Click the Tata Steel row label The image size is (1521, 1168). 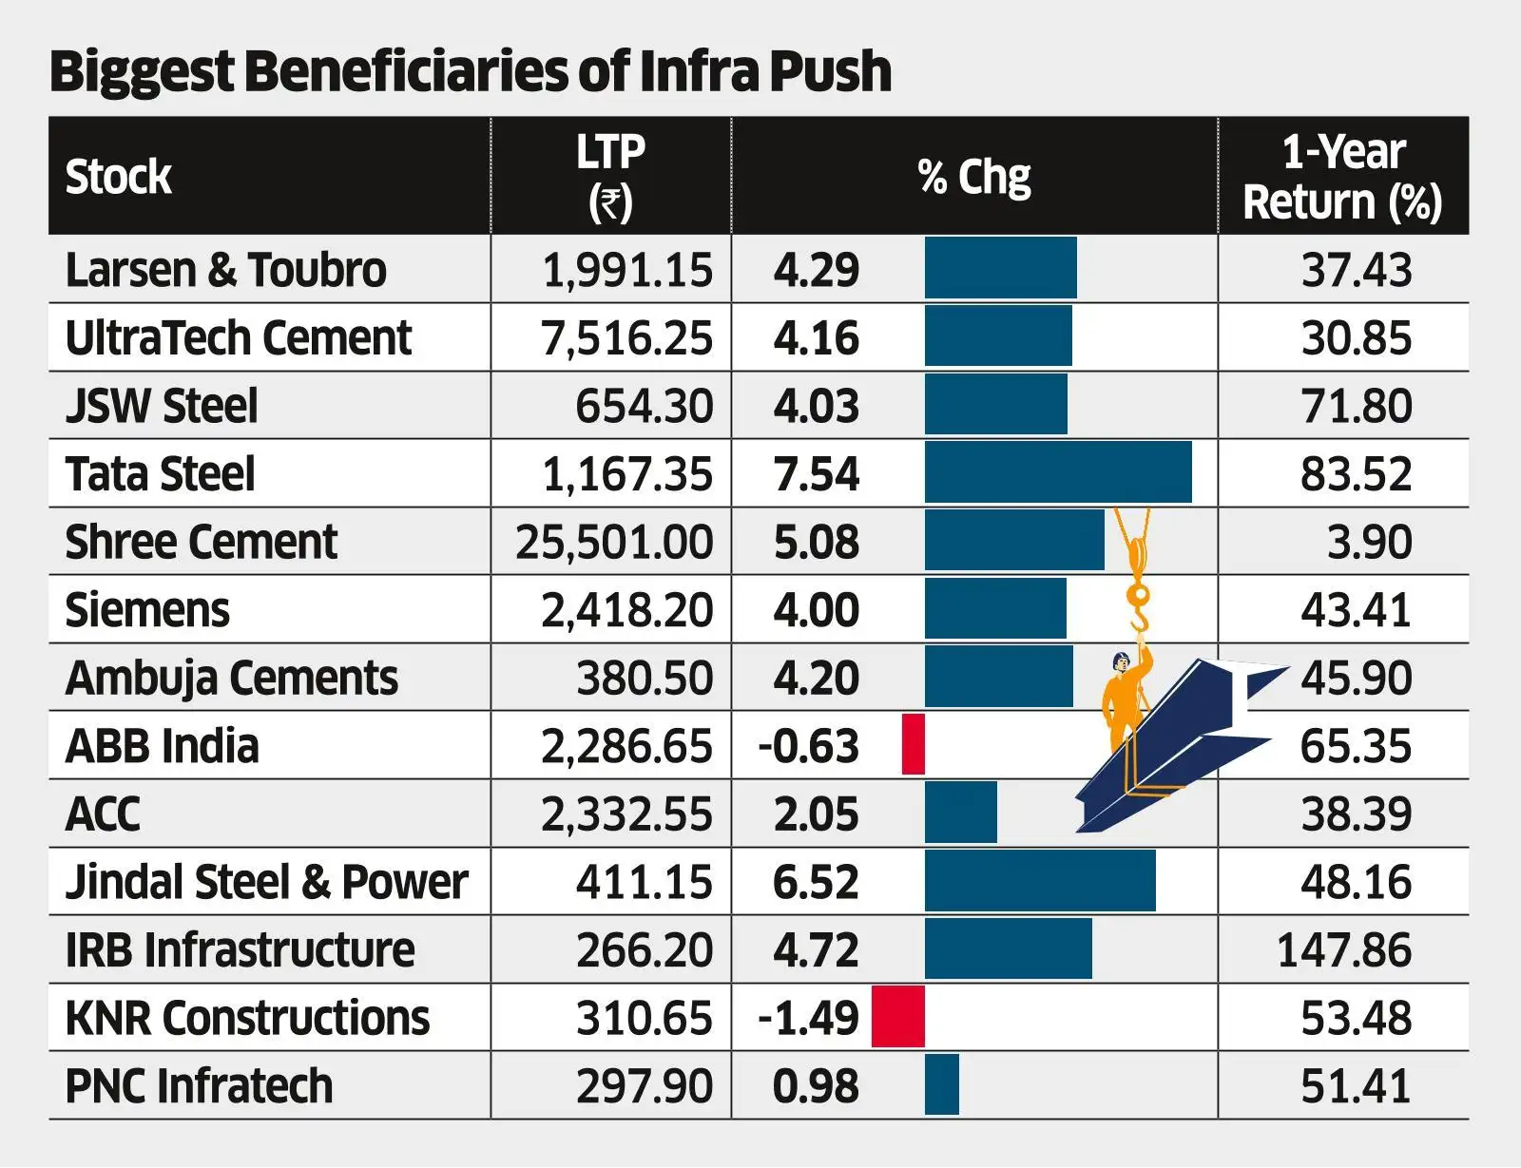(x=160, y=473)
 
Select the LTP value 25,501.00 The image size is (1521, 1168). (x=613, y=542)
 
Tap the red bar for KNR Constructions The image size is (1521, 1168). (x=898, y=1017)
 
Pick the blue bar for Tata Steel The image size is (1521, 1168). (x=1057, y=472)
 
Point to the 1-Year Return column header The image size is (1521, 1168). (x=1342, y=177)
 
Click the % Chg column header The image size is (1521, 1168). (x=973, y=177)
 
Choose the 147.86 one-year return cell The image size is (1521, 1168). (x=1343, y=949)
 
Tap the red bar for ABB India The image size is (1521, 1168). (x=914, y=745)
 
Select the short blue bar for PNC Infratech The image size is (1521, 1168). (x=942, y=1084)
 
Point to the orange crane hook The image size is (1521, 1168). (x=1138, y=608)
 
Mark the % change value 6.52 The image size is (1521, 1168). (x=816, y=882)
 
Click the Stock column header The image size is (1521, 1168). (x=118, y=177)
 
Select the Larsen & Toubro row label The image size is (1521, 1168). (x=225, y=270)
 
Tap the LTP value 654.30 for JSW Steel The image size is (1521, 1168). (x=644, y=406)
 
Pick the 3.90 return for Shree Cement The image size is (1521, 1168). (x=1369, y=542)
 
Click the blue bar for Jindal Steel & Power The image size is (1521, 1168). (x=1040, y=881)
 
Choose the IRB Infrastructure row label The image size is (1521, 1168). (x=240, y=949)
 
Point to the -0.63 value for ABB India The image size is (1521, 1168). (x=808, y=746)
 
